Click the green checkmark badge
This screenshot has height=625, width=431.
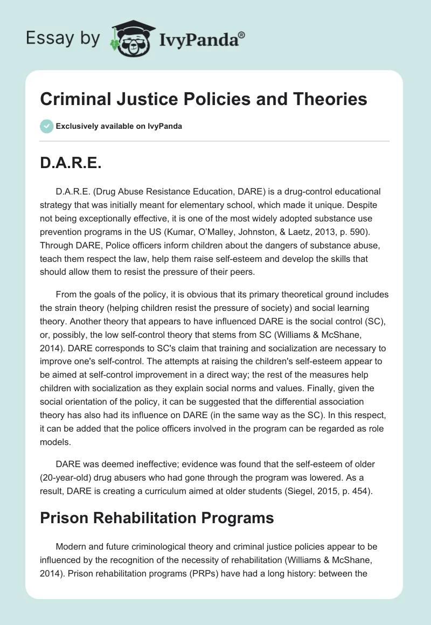46,126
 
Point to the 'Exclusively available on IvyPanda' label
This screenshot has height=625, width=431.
119,126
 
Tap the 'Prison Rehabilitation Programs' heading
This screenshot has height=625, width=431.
157,518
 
